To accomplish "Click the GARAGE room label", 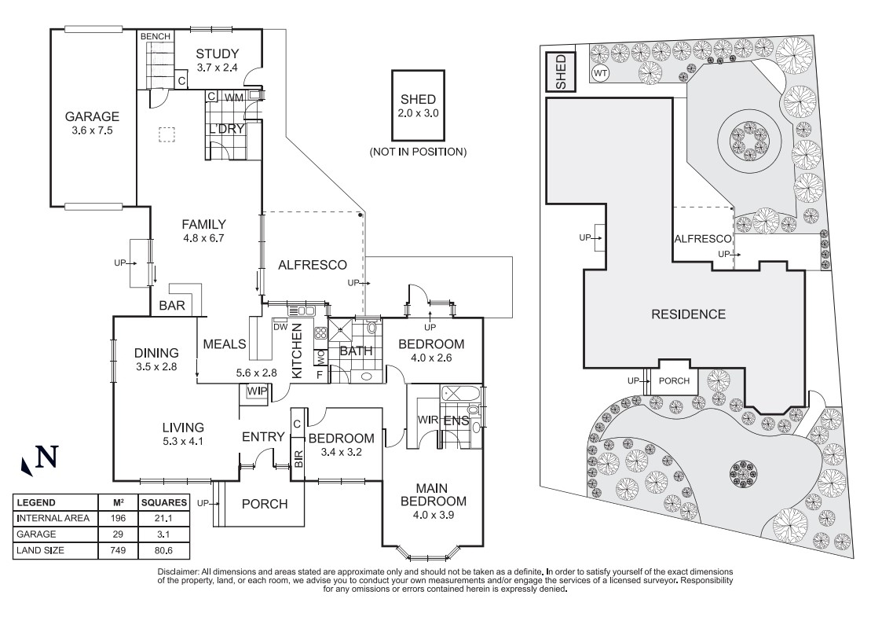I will pos(93,123).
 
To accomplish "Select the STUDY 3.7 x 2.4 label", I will pos(218,61).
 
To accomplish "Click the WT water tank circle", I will pos(600,74).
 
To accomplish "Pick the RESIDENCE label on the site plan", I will pos(688,314).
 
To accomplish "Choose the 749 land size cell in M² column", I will pos(113,550).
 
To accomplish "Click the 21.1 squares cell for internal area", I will pos(163,518).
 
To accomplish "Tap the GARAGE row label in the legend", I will pos(35,534).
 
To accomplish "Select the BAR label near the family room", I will pos(172,306).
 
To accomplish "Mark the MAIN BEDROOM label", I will pos(434,501).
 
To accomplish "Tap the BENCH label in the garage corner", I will pos(155,37).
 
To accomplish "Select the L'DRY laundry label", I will pos(226,129).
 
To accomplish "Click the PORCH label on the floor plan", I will pos(264,504).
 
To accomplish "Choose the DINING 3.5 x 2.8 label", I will pos(156,360).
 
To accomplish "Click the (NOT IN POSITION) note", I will pos(418,151).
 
